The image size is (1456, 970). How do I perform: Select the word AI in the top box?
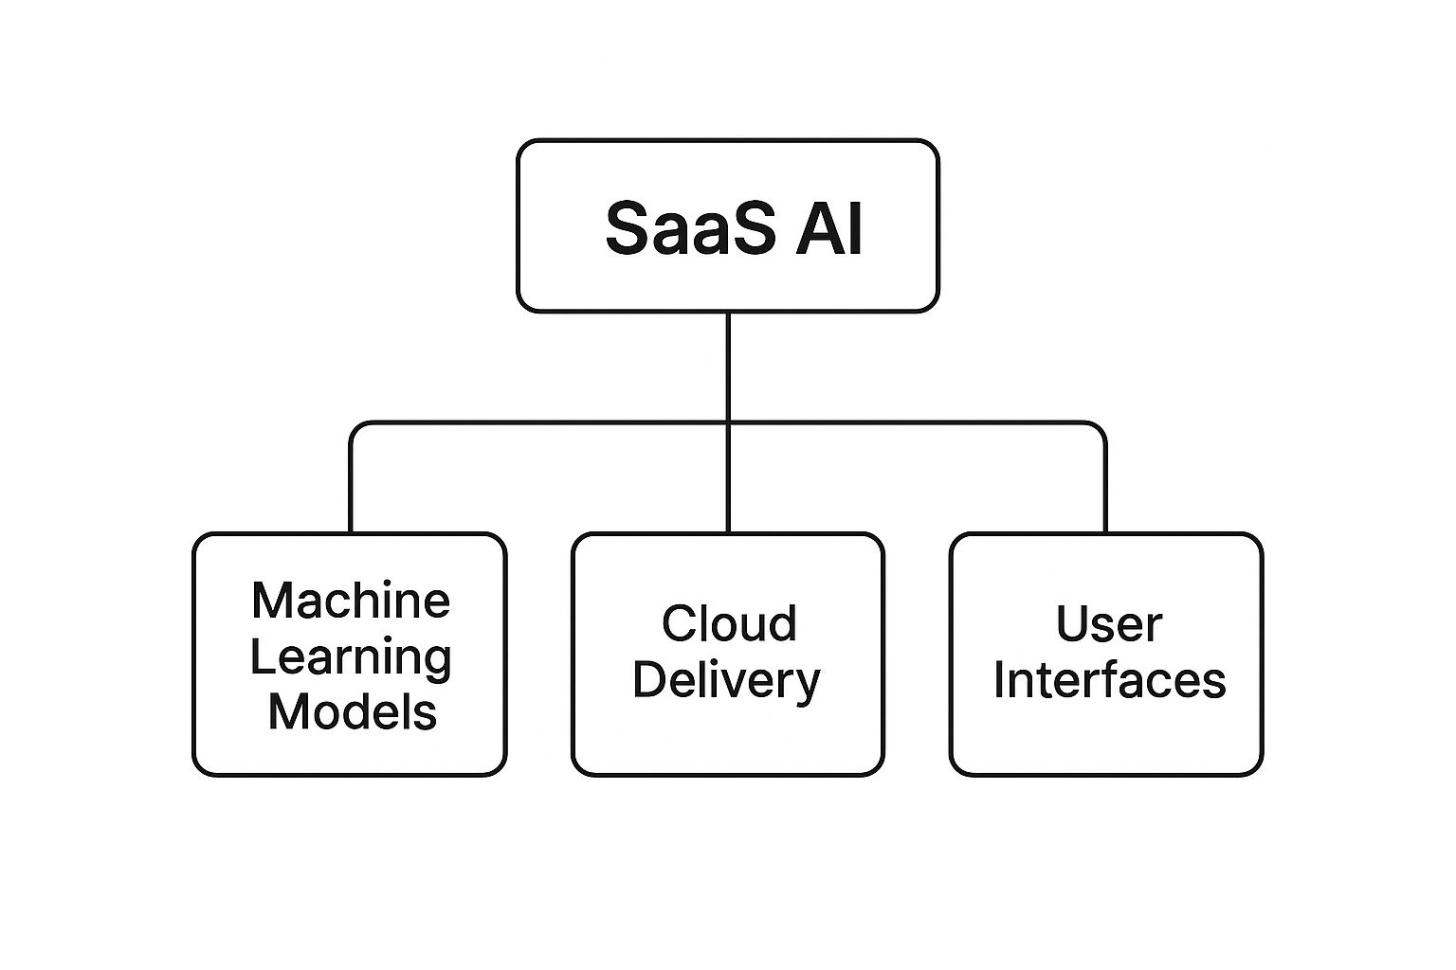coord(828,228)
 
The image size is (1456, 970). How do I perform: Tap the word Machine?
coord(350,601)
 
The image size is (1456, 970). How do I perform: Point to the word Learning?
coord(350,656)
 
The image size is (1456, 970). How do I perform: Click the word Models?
coord(352,711)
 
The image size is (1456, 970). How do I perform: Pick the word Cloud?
coord(728,624)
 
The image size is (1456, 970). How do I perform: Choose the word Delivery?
coord(726,681)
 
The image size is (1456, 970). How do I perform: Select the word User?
coord(1108,624)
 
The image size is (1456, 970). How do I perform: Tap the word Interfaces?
coord(1109,680)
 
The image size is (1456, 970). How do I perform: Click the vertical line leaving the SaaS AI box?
coord(728,365)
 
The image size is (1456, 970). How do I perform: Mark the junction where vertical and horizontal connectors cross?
coord(728,422)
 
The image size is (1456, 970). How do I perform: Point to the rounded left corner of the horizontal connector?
coord(355,428)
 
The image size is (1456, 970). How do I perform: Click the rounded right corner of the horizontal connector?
coord(1100,428)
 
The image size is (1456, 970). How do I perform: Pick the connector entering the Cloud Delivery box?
coord(728,483)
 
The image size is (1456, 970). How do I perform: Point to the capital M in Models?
coord(288,711)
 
